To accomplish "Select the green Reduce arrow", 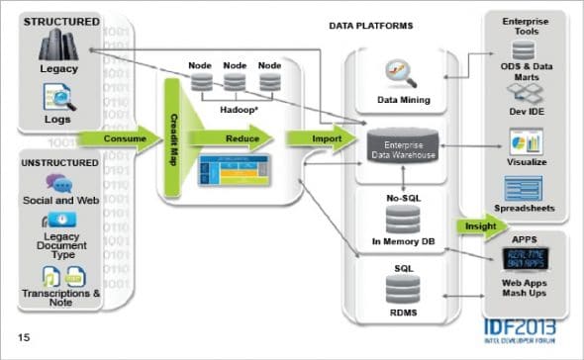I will [237, 139].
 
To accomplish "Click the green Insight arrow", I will [479, 226].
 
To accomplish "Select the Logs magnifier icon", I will [55, 96].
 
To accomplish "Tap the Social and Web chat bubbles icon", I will [56, 184].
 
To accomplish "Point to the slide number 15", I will [23, 338].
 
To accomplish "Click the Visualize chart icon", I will [523, 139].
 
